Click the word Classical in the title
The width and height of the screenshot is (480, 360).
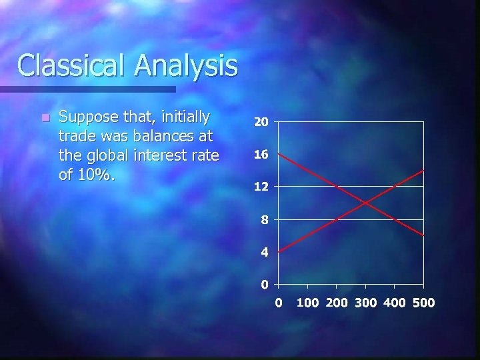[x=72, y=65]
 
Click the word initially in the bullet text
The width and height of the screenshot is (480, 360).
[x=181, y=118]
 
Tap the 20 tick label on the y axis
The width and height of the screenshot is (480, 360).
[x=261, y=123]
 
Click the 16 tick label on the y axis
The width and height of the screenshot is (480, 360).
[x=261, y=155]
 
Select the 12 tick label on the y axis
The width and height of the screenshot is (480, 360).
[x=261, y=187]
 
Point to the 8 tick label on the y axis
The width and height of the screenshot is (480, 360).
[x=265, y=220]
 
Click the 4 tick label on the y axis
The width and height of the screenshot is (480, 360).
[x=265, y=253]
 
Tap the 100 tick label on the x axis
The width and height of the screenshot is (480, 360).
[x=307, y=303]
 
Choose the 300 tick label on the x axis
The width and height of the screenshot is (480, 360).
[x=365, y=303]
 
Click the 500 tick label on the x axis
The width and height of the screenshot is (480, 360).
[x=423, y=303]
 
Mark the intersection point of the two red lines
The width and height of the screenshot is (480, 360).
[x=364, y=203]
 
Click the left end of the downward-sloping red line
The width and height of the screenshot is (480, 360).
[x=279, y=154]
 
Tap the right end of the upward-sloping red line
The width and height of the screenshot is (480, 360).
[x=423, y=171]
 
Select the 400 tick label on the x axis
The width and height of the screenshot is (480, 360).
[x=395, y=303]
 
